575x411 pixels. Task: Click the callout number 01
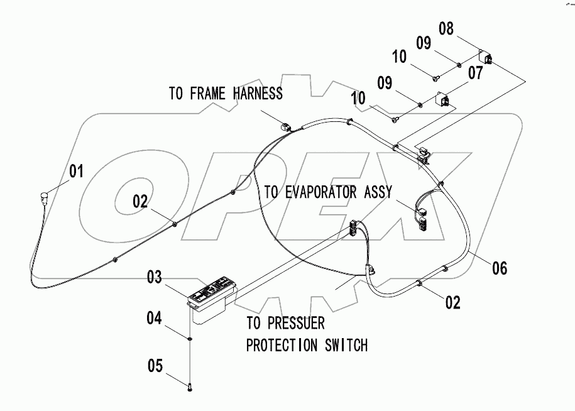coord(76,171)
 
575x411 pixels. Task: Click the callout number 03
coord(155,277)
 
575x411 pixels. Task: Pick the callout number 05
coord(155,364)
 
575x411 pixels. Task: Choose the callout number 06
coord(499,268)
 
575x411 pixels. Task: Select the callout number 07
coord(475,73)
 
